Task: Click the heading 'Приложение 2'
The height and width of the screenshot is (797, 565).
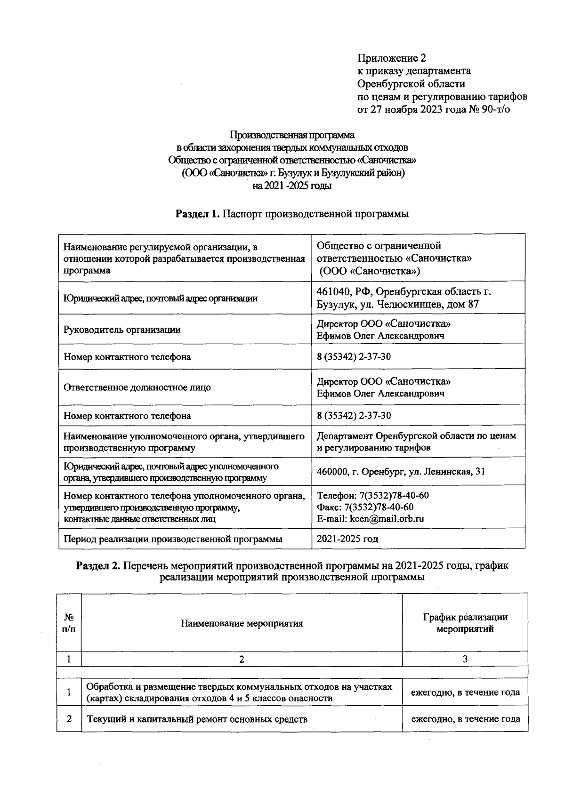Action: coord(392,58)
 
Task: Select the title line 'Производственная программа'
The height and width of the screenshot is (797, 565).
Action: coord(292,135)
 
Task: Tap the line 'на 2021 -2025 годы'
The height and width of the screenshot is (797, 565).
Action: coord(292,186)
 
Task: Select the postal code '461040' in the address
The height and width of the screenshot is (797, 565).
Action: coord(332,291)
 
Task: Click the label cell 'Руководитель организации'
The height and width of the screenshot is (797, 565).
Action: coord(122,330)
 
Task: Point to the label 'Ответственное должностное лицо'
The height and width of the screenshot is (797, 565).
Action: coord(137,387)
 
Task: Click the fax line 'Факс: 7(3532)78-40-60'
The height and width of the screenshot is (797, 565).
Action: coord(365,507)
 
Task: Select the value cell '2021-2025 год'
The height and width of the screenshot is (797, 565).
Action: coord(347,539)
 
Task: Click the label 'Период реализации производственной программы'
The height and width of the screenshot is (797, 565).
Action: coord(173,539)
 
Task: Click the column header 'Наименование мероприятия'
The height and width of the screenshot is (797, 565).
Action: coord(242,623)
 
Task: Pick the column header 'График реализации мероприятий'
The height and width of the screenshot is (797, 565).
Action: coord(465,623)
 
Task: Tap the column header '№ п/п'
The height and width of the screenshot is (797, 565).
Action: coord(69,623)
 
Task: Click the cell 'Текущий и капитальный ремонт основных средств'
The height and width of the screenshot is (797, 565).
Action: coord(197,719)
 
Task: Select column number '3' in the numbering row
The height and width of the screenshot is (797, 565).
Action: coord(465,659)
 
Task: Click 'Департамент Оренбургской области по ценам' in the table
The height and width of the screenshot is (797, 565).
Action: coord(416,435)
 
